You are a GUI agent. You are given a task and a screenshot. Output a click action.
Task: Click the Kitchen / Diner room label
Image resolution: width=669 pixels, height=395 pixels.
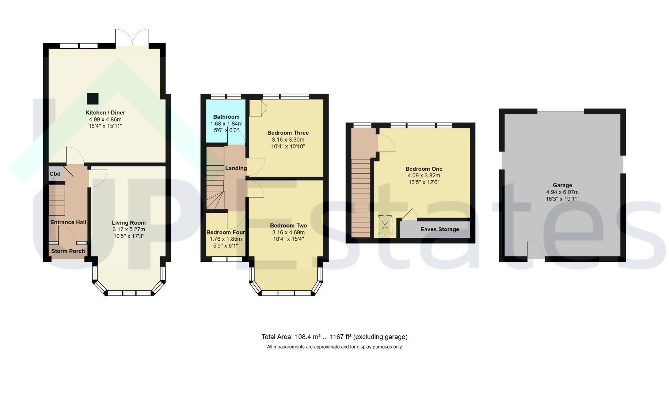click(105, 113)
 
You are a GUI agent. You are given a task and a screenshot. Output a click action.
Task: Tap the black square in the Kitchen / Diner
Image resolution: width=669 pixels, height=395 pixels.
click(93, 99)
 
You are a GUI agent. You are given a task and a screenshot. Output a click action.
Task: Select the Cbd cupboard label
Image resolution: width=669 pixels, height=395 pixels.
click(55, 174)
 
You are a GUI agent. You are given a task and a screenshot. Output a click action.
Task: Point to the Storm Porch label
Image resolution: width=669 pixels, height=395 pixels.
click(68, 251)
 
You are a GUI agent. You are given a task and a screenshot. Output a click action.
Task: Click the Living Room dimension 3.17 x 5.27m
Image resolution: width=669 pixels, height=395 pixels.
click(129, 229)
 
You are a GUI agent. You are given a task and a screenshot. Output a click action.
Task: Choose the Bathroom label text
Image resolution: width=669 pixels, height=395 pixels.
click(227, 117)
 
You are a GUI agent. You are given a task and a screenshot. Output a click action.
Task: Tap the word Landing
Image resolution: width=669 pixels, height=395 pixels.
click(236, 168)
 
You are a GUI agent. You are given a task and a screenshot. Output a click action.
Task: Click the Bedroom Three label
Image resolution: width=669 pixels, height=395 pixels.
click(288, 133)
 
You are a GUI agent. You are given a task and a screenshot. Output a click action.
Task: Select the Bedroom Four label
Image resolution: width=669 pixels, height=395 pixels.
click(226, 232)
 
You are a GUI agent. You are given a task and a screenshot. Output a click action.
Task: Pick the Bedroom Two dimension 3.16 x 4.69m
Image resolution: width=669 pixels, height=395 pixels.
click(288, 232)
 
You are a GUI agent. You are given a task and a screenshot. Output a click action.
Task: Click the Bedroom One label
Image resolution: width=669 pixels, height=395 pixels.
click(424, 169)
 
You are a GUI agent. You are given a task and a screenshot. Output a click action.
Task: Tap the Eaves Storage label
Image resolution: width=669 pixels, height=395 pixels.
click(440, 229)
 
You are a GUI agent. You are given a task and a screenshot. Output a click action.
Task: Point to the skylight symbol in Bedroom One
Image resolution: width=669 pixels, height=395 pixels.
click(385, 225)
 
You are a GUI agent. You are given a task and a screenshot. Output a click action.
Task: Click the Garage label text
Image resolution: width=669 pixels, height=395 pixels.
click(562, 185)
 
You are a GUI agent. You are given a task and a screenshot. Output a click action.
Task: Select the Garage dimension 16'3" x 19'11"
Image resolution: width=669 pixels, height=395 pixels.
click(562, 199)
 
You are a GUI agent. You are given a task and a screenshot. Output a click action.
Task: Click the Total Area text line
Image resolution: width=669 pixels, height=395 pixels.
click(334, 337)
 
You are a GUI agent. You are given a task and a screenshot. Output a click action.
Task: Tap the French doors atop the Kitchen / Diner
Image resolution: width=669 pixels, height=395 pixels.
click(132, 38)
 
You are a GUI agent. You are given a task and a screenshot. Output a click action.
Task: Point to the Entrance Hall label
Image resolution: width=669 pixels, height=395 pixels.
click(68, 222)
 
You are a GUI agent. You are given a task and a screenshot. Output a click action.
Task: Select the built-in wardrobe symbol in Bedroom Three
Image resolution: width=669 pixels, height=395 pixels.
click(258, 108)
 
